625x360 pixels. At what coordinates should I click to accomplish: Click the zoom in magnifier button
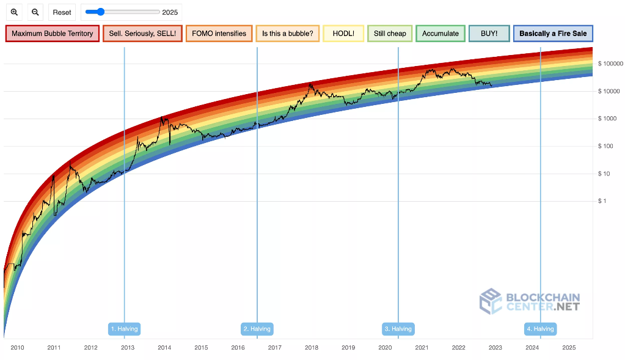pyautogui.click(x=15, y=12)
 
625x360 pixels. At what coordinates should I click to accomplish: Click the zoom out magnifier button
pyautogui.click(x=35, y=12)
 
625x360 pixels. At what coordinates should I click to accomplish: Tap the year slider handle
pyautogui.click(x=100, y=12)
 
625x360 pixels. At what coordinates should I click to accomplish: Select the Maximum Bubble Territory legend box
pyautogui.click(x=53, y=34)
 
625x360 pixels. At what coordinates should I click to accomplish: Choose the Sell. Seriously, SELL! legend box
pyautogui.click(x=142, y=34)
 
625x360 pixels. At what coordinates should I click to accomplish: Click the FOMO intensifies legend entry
pyautogui.click(x=219, y=34)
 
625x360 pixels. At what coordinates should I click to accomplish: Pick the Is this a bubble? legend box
pyautogui.click(x=287, y=34)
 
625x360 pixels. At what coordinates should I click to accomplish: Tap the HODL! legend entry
pyautogui.click(x=343, y=34)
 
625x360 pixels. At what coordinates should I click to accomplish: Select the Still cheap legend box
pyautogui.click(x=390, y=34)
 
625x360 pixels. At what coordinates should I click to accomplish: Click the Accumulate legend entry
pyautogui.click(x=440, y=34)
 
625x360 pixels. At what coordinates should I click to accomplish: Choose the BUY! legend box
pyautogui.click(x=489, y=34)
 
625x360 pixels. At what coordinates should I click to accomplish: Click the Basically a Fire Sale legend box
pyautogui.click(x=554, y=34)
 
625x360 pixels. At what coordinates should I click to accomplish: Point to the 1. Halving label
pyautogui.click(x=125, y=329)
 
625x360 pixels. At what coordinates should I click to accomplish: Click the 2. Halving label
pyautogui.click(x=257, y=329)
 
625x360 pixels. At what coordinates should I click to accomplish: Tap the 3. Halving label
pyautogui.click(x=398, y=329)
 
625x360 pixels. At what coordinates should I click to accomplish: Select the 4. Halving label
pyautogui.click(x=541, y=329)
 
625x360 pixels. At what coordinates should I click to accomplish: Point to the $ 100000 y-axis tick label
pyautogui.click(x=610, y=64)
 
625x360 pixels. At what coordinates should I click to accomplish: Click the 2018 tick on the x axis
pyautogui.click(x=312, y=348)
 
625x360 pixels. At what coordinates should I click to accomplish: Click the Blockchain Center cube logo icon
pyautogui.click(x=491, y=301)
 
